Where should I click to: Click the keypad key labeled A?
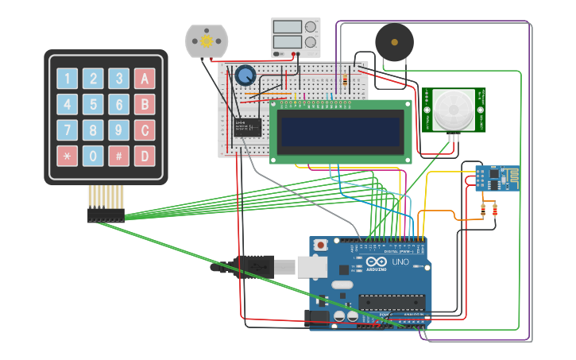point(144,79)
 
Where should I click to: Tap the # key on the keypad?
point(118,156)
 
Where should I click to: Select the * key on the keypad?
point(68,156)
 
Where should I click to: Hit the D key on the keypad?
point(144,156)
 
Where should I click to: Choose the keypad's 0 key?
point(93,156)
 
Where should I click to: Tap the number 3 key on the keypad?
point(118,79)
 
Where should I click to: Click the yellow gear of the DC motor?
point(207,41)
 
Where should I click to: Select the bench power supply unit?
point(296,37)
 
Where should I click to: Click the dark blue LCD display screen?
point(340,131)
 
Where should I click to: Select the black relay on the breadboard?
point(247,127)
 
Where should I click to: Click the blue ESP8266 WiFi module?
point(496,178)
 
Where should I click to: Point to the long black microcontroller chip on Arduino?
point(389,301)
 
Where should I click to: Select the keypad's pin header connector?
point(106,215)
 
